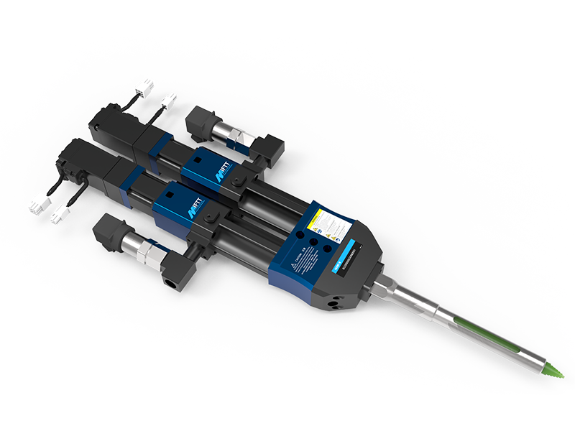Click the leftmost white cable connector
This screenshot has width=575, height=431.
[36, 206]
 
